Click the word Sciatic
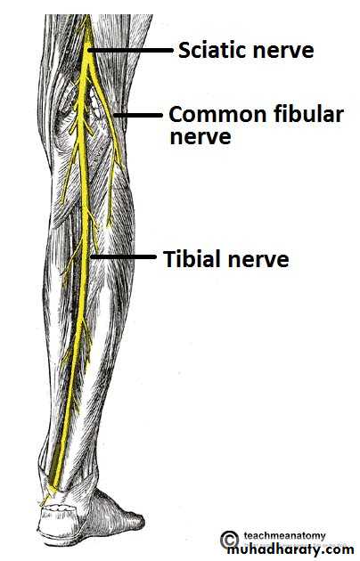[x=206, y=50]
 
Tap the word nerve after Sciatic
[x=277, y=51]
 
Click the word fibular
[x=309, y=114]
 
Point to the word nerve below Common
[x=200, y=138]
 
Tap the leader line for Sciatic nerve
[x=131, y=51]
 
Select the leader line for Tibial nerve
[x=124, y=256]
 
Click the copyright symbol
[x=229, y=540]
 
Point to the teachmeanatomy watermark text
[x=285, y=535]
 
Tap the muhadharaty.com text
[x=290, y=549]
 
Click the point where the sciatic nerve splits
[x=87, y=64]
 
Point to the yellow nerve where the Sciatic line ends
[x=88, y=51]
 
